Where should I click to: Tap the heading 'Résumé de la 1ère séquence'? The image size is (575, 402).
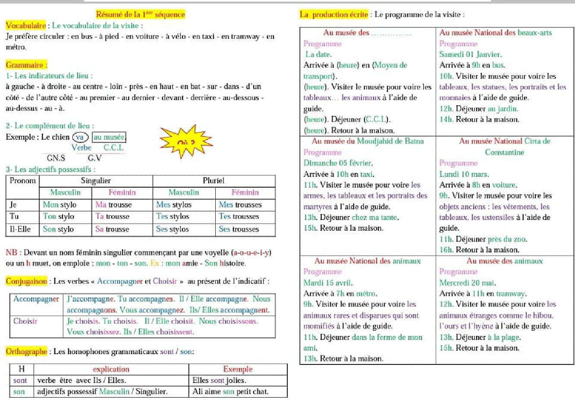point(140,14)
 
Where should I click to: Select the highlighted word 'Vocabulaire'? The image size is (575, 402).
point(26,25)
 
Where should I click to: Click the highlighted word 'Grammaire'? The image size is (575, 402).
point(26,65)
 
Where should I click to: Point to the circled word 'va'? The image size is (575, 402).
point(80,137)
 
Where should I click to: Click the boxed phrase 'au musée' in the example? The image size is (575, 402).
point(109,137)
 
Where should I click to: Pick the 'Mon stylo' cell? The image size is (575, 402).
point(60,204)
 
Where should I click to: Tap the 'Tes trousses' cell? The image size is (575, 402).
point(239,217)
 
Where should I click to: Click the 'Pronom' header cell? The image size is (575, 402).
point(23,181)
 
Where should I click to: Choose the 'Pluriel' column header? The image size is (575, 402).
point(214,181)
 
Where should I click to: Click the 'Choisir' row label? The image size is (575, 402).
point(25,321)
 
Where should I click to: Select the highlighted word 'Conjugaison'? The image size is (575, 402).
point(26,281)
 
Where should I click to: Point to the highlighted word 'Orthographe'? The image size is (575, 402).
point(26,352)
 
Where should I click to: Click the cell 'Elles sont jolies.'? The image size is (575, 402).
point(219,380)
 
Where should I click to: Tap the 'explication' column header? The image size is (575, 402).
point(111,369)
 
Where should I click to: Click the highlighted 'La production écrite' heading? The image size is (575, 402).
point(334,14)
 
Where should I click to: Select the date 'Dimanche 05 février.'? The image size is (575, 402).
point(338,163)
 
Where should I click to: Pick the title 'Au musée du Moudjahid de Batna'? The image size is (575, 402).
point(368,141)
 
